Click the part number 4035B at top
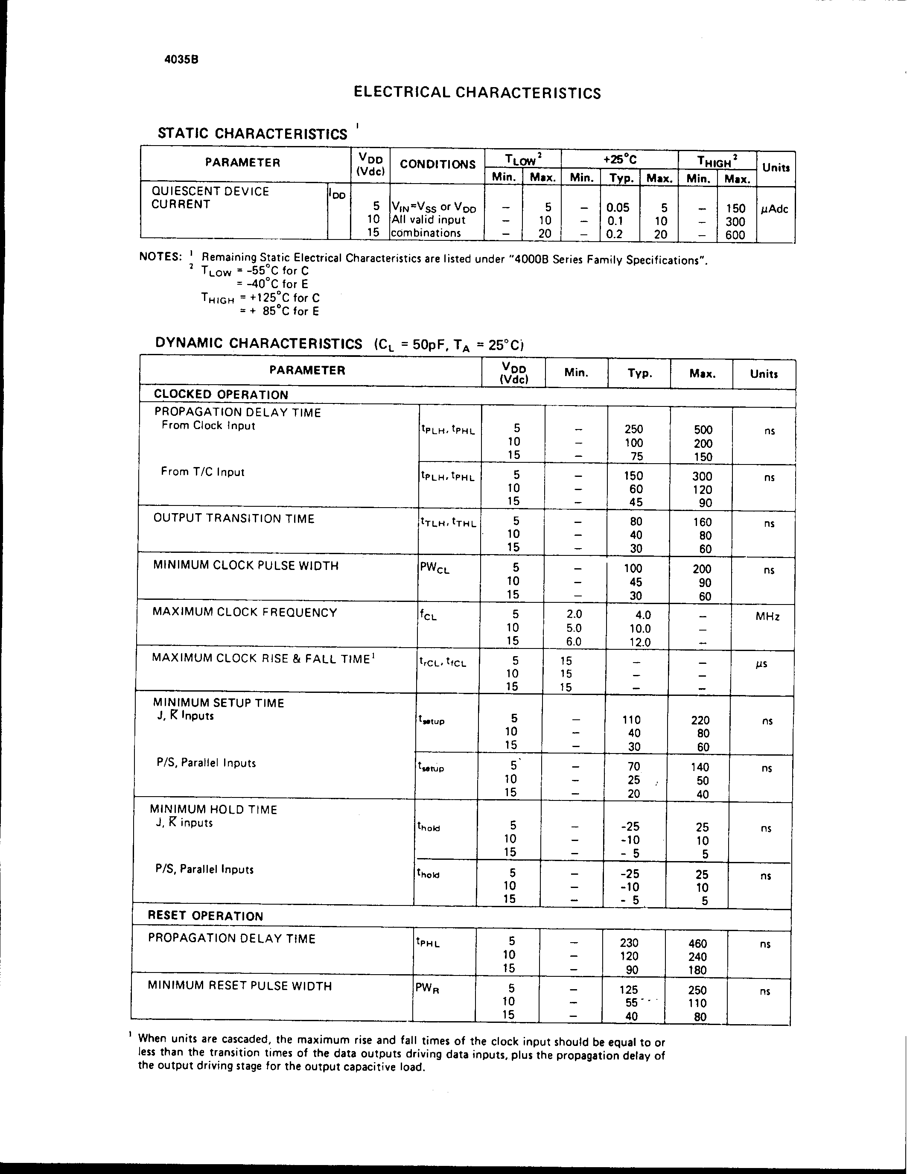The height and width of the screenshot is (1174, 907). (x=181, y=60)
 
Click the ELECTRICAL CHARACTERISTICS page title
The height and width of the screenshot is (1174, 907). (x=477, y=93)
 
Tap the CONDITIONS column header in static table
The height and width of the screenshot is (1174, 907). (x=437, y=164)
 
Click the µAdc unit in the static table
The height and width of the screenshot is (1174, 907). (x=774, y=209)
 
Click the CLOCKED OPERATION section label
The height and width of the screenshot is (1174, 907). (x=221, y=394)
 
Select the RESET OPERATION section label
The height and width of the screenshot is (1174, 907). (x=205, y=916)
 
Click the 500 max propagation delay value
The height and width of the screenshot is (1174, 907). (x=703, y=429)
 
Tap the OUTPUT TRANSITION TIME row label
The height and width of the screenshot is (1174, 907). (x=234, y=519)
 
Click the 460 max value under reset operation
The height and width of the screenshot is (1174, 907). (x=697, y=943)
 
